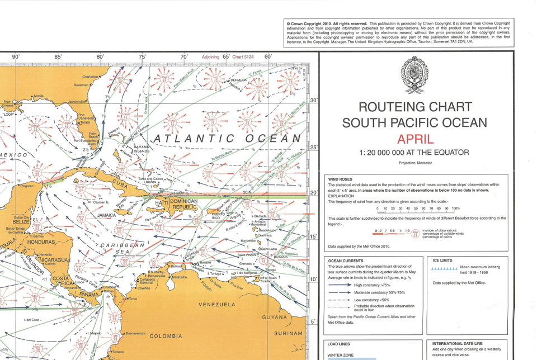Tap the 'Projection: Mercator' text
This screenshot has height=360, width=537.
[414, 163]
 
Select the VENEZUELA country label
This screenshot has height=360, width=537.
[217, 305]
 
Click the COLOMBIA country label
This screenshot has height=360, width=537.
[166, 336]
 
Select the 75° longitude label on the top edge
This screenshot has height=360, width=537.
[142, 56]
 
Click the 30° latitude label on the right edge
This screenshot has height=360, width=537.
[314, 100]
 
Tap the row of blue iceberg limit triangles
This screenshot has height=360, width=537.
[446, 268]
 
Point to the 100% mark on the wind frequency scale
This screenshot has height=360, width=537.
[464, 209]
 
